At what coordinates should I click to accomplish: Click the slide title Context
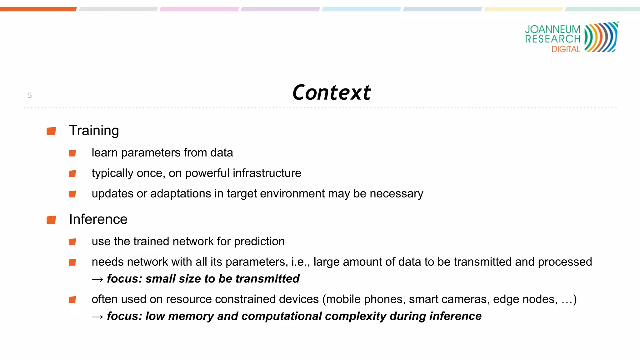coord(331,92)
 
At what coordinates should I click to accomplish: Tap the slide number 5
coord(30,95)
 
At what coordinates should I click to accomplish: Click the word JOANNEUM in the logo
coord(552,29)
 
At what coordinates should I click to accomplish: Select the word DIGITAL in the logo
coord(566,49)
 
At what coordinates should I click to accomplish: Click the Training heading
coord(94,131)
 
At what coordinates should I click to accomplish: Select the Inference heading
coord(98,219)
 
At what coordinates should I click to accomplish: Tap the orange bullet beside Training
coord(51,131)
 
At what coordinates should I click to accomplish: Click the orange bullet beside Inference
coord(51,220)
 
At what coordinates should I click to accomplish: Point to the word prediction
coord(259,242)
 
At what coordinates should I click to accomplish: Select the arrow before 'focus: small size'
coord(97,279)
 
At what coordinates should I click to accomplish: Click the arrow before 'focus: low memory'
coord(97,317)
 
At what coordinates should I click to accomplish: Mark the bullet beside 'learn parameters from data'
coord(72,153)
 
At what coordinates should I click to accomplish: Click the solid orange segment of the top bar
coord(38,9)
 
